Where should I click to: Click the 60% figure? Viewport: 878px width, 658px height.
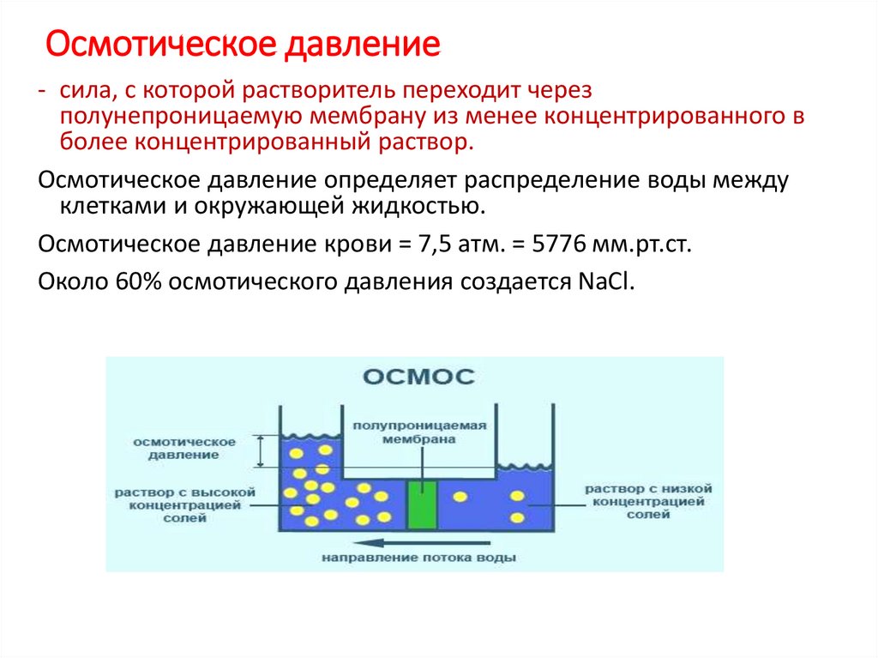pyautogui.click(x=135, y=283)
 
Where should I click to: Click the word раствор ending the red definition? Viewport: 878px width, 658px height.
pyautogui.click(x=427, y=141)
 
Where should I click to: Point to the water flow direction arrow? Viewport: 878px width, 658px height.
pyautogui.click(x=424, y=542)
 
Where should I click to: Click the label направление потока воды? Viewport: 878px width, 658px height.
pyautogui.click(x=418, y=558)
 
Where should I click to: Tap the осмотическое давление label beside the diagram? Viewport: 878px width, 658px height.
pyautogui.click(x=183, y=448)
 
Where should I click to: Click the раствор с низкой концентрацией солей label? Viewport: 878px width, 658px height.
pyautogui.click(x=648, y=501)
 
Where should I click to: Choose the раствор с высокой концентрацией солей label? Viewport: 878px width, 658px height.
pyautogui.click(x=184, y=505)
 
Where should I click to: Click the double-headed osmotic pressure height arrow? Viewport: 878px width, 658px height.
pyautogui.click(x=260, y=451)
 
